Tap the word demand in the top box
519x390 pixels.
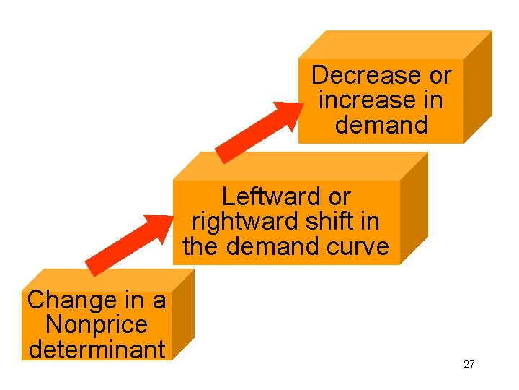381,124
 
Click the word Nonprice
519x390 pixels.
96,325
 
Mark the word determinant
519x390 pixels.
97,350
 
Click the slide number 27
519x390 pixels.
469,364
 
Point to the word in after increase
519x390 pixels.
432,100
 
